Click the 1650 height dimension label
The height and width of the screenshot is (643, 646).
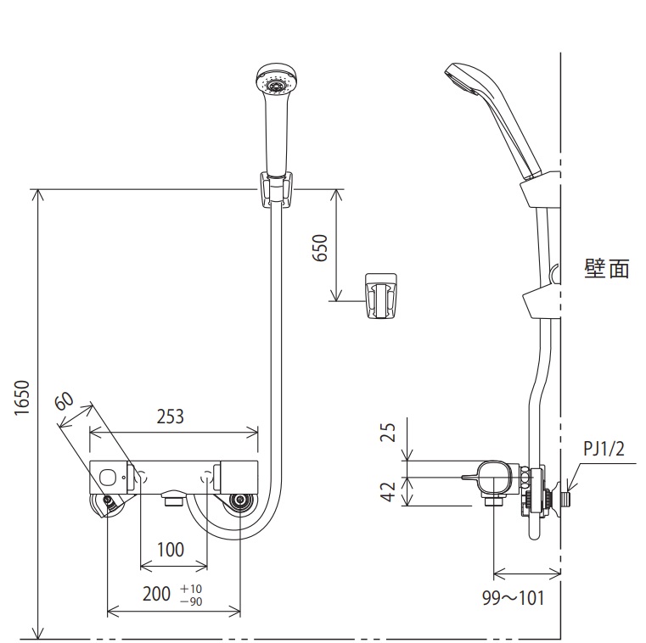(23, 398)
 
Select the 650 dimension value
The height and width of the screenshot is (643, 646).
(320, 248)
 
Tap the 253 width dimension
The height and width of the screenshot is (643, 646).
(170, 417)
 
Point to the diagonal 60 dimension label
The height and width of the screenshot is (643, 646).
(65, 401)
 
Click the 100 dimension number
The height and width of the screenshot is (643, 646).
(171, 550)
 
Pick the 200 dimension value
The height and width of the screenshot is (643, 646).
(156, 594)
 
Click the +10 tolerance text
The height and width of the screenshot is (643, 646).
(191, 588)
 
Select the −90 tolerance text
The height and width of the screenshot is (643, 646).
(191, 601)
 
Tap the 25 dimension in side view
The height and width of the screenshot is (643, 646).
(388, 433)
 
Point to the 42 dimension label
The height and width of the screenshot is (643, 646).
(388, 491)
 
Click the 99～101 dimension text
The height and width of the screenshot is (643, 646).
(514, 598)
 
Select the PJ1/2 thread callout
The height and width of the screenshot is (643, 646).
(604, 448)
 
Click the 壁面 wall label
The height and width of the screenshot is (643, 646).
(607, 269)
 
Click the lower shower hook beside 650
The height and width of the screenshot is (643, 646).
(381, 296)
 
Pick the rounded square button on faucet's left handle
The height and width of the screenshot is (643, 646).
(109, 478)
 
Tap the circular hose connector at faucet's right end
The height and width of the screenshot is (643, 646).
(239, 501)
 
